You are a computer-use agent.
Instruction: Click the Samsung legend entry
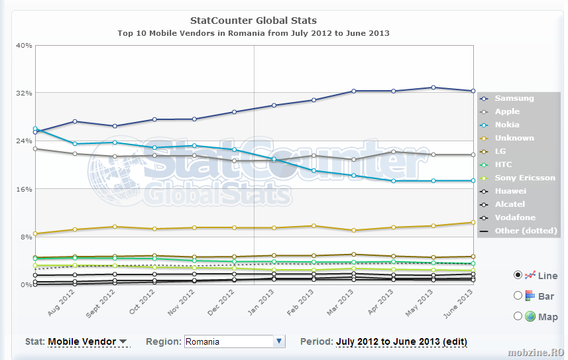point(514,99)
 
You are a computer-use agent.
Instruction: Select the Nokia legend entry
point(507,125)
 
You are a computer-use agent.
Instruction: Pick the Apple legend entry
point(507,111)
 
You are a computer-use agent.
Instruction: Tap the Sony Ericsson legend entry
point(525,178)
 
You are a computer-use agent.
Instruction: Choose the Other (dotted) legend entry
point(526,231)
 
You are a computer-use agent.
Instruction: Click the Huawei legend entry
point(510,191)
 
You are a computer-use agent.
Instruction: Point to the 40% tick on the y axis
point(24,45)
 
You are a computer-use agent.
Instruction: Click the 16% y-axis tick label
point(24,189)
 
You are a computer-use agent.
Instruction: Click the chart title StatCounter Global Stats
point(253,21)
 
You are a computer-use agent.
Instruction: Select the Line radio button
point(518,275)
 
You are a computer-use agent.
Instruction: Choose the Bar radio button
point(518,296)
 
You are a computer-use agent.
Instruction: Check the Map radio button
point(518,316)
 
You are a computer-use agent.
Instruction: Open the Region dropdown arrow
point(279,341)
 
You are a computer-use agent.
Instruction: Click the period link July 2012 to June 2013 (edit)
point(402,342)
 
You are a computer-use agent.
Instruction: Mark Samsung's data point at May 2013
point(433,88)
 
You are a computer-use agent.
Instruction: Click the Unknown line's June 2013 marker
point(473,222)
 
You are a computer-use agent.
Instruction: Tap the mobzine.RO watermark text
point(537,352)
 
